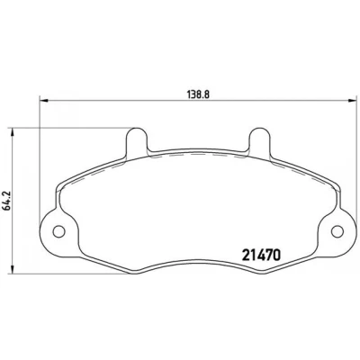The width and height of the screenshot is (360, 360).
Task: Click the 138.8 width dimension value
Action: coord(197,94)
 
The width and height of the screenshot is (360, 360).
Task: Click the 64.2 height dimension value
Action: coord(7,201)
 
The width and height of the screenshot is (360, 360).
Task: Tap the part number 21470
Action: coord(261,256)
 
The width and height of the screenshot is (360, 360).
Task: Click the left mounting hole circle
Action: coord(58,231)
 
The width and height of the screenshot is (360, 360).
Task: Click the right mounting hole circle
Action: coord(337,231)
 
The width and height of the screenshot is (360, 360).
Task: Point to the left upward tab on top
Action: coord(137,141)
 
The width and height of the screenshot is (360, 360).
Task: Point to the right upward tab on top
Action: coord(259,141)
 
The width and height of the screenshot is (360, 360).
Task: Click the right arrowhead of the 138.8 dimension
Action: coord(352,101)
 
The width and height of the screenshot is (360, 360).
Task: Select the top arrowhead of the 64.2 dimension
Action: coord(13,133)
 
